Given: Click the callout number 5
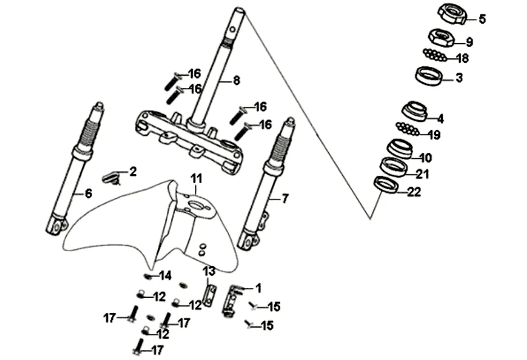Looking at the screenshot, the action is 482,19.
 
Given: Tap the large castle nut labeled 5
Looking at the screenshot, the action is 452,14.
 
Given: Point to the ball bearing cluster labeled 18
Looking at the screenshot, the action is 434,55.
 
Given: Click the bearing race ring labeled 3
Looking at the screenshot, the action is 429,76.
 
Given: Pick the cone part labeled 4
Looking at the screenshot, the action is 415,112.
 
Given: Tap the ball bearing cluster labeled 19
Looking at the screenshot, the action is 407,129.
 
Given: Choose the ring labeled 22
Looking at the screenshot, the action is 386,185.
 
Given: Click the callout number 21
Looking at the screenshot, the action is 422,174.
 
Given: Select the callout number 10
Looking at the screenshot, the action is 425,157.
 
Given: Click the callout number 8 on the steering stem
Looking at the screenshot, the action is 237,80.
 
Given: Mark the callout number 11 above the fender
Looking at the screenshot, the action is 197,179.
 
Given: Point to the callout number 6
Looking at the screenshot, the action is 88,193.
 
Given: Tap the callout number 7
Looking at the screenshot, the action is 285,198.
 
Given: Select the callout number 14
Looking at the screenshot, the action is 165,276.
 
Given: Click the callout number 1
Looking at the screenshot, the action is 258,288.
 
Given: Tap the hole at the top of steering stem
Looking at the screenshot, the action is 233,30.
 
